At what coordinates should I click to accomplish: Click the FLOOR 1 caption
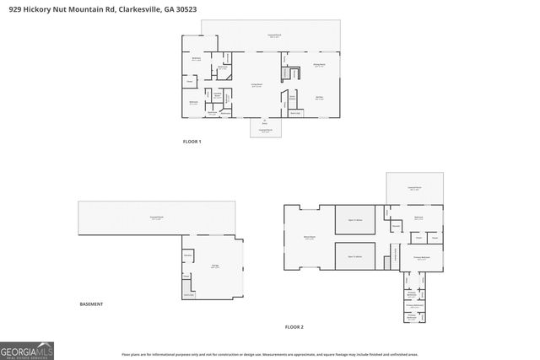click(192, 142)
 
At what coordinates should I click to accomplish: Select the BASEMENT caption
click(91, 304)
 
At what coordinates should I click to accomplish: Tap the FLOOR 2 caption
click(293, 326)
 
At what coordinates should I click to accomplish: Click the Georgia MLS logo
click(27, 349)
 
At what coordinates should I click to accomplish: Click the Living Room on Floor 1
click(256, 86)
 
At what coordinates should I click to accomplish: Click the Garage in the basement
click(216, 267)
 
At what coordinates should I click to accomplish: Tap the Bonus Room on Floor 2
click(309, 239)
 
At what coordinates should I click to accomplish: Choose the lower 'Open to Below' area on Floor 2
click(359, 256)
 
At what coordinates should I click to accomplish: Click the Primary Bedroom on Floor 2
click(422, 257)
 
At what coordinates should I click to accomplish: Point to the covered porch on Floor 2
click(414, 188)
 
